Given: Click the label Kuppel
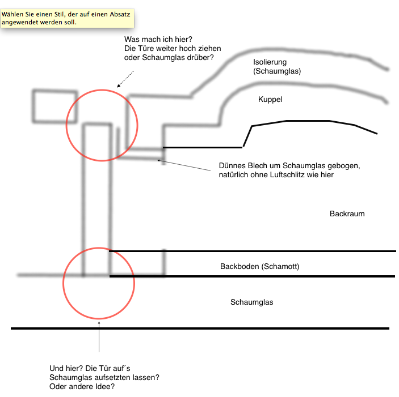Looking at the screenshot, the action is pos(270,99).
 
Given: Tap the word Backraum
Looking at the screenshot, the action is pos(347,214).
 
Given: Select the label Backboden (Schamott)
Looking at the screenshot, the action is pos(259,267).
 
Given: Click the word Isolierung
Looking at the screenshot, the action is pos(270,62).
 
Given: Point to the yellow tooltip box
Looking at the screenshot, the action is pos(67,18).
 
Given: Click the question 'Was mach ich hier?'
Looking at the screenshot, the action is pos(158,39).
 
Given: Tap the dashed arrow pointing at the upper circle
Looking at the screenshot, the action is pos(125,79).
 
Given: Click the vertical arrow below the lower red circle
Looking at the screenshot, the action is pos(99,337).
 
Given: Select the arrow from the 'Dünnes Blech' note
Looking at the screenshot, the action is pos(184,165).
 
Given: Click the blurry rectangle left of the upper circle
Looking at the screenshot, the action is pos(55,106).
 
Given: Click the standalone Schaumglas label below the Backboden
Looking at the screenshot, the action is pos(251,302).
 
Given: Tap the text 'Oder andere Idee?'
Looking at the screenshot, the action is pos(82,387).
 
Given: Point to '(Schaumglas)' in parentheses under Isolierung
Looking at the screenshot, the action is pos(277,71).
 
